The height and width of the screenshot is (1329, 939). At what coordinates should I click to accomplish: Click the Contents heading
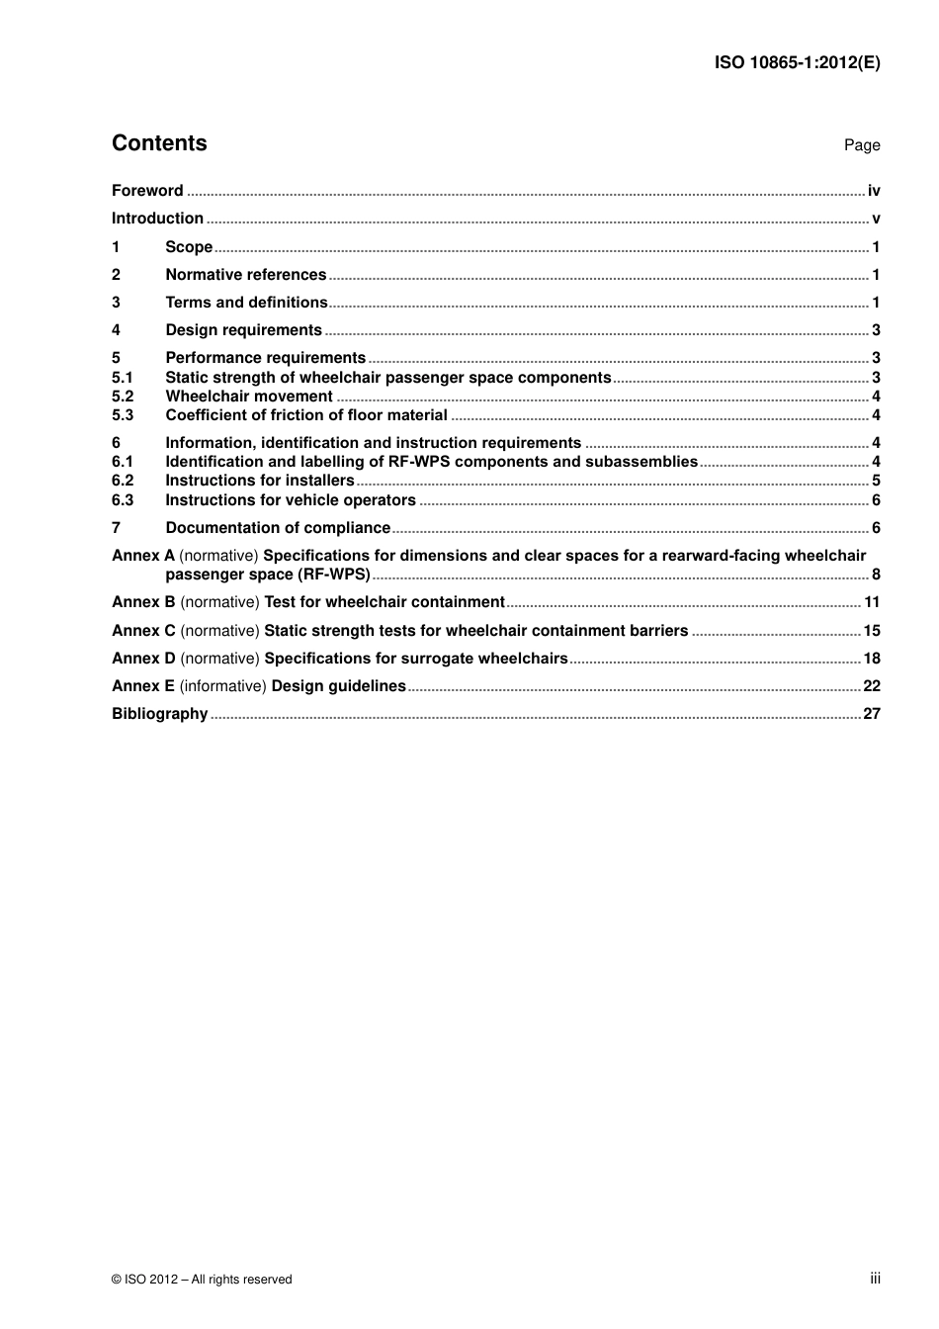point(159,143)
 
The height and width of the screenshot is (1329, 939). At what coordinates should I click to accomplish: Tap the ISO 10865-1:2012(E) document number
point(797,62)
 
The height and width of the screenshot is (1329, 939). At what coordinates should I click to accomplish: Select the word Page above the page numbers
point(861,145)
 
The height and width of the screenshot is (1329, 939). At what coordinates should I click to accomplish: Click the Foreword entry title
point(147,191)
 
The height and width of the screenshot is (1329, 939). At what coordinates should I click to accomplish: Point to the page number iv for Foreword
point(874,191)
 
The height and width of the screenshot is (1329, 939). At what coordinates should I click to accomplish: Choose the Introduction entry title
point(157,219)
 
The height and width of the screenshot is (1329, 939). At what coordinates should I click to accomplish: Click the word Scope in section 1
point(189,247)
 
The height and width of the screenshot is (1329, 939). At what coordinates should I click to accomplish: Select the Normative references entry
point(245,275)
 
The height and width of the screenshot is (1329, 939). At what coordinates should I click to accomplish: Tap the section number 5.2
point(123,397)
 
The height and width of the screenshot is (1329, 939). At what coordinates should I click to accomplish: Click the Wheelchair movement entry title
point(248,397)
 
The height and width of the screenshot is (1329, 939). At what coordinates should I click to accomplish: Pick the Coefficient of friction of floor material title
point(306,415)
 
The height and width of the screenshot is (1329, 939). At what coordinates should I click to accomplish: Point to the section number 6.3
point(123,500)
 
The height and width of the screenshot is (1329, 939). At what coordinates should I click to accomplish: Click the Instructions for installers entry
point(259,481)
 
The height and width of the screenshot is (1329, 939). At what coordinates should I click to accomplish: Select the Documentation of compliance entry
point(278,528)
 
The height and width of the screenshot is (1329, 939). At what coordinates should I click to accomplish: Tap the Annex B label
point(143,602)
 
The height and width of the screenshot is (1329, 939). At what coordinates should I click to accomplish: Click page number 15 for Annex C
point(871,631)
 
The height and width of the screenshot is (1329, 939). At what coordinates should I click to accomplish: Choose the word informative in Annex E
point(222,686)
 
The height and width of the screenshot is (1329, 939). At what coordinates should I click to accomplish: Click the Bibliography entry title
point(159,714)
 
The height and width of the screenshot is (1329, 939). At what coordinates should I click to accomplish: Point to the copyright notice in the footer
point(202,1280)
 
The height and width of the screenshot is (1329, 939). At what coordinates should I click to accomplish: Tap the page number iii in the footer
point(875,1279)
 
